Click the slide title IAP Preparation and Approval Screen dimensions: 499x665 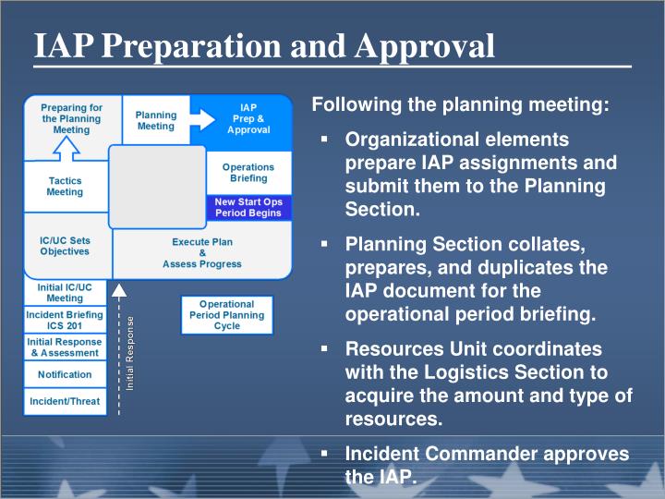click(x=264, y=45)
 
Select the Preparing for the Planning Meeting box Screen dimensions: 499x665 click(x=71, y=119)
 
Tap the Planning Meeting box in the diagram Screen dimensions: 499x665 click(x=155, y=120)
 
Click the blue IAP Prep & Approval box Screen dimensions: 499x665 click(x=248, y=119)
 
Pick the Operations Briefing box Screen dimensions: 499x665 click(x=248, y=172)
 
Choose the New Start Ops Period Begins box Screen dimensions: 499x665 click(x=248, y=207)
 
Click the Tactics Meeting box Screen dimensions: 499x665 click(x=65, y=186)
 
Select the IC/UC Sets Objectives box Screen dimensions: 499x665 click(x=65, y=246)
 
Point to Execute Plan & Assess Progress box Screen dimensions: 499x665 click(x=201, y=252)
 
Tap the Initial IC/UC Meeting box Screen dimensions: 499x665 click(x=65, y=293)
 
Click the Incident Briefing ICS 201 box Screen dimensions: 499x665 click(x=65, y=320)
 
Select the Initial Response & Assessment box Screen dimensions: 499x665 click(x=65, y=347)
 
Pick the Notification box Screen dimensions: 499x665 click(x=65, y=374)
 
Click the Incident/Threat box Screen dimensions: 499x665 click(x=65, y=402)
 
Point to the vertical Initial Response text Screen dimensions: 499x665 click(x=130, y=352)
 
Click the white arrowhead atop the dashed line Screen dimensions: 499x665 click(x=118, y=289)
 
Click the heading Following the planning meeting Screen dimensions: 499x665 click(x=461, y=105)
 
